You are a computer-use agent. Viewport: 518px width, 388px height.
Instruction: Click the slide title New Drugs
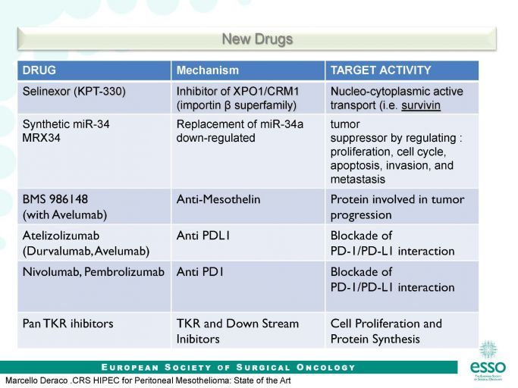coord(257,39)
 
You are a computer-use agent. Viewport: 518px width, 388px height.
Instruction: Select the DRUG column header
coord(39,70)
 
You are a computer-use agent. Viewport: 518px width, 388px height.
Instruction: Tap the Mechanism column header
coord(208,70)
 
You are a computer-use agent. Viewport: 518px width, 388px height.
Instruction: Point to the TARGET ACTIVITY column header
coord(381,70)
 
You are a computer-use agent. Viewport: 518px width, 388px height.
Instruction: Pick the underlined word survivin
coord(421,105)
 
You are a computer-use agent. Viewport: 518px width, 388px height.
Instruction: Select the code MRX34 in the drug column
coord(41,138)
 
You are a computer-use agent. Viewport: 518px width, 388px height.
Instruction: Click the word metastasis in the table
coord(358,180)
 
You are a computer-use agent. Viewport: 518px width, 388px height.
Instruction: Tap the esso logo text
coord(488,367)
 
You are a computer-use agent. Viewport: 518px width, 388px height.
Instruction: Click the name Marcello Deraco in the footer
coord(36,380)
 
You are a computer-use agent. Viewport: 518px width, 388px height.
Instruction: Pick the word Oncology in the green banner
coord(325,368)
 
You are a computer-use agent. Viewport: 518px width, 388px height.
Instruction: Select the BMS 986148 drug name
coord(55,199)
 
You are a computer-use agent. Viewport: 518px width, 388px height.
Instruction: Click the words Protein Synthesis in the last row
coord(375,339)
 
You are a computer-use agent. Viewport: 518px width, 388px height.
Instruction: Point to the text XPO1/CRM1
coord(266,91)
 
